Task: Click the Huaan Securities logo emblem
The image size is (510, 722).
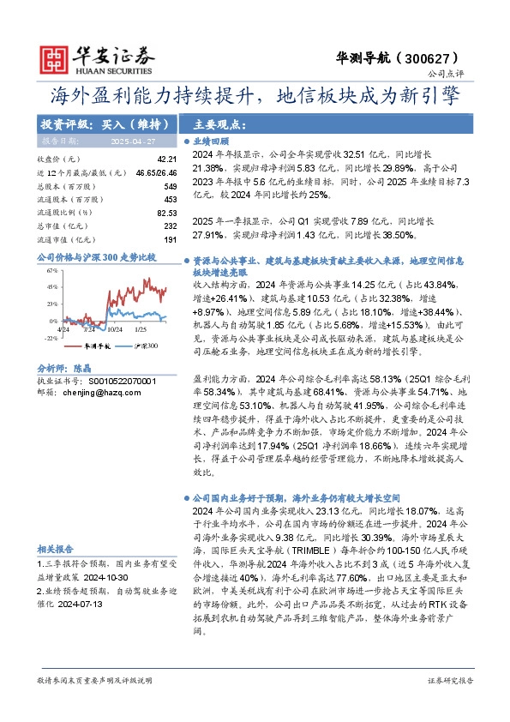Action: coord(57,57)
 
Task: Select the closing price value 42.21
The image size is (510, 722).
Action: coord(166,159)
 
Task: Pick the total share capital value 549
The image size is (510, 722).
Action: coord(169,185)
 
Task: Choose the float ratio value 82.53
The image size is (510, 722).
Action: coord(166,212)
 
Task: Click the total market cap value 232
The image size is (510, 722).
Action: coord(169,225)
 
